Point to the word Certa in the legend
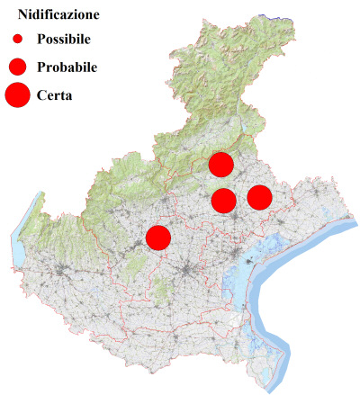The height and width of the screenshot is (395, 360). [55, 94]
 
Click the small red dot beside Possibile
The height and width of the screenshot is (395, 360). [17, 40]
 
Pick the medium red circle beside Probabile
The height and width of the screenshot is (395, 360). [17, 67]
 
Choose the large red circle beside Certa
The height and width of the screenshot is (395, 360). [17, 94]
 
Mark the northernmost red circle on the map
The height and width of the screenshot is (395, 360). [220, 165]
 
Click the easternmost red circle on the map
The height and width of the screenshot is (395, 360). [259, 197]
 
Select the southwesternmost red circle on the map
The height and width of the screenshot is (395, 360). [158, 238]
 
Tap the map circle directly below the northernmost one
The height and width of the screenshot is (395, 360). [224, 200]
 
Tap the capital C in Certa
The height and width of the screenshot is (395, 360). [41, 94]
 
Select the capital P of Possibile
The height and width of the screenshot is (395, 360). [41, 40]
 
